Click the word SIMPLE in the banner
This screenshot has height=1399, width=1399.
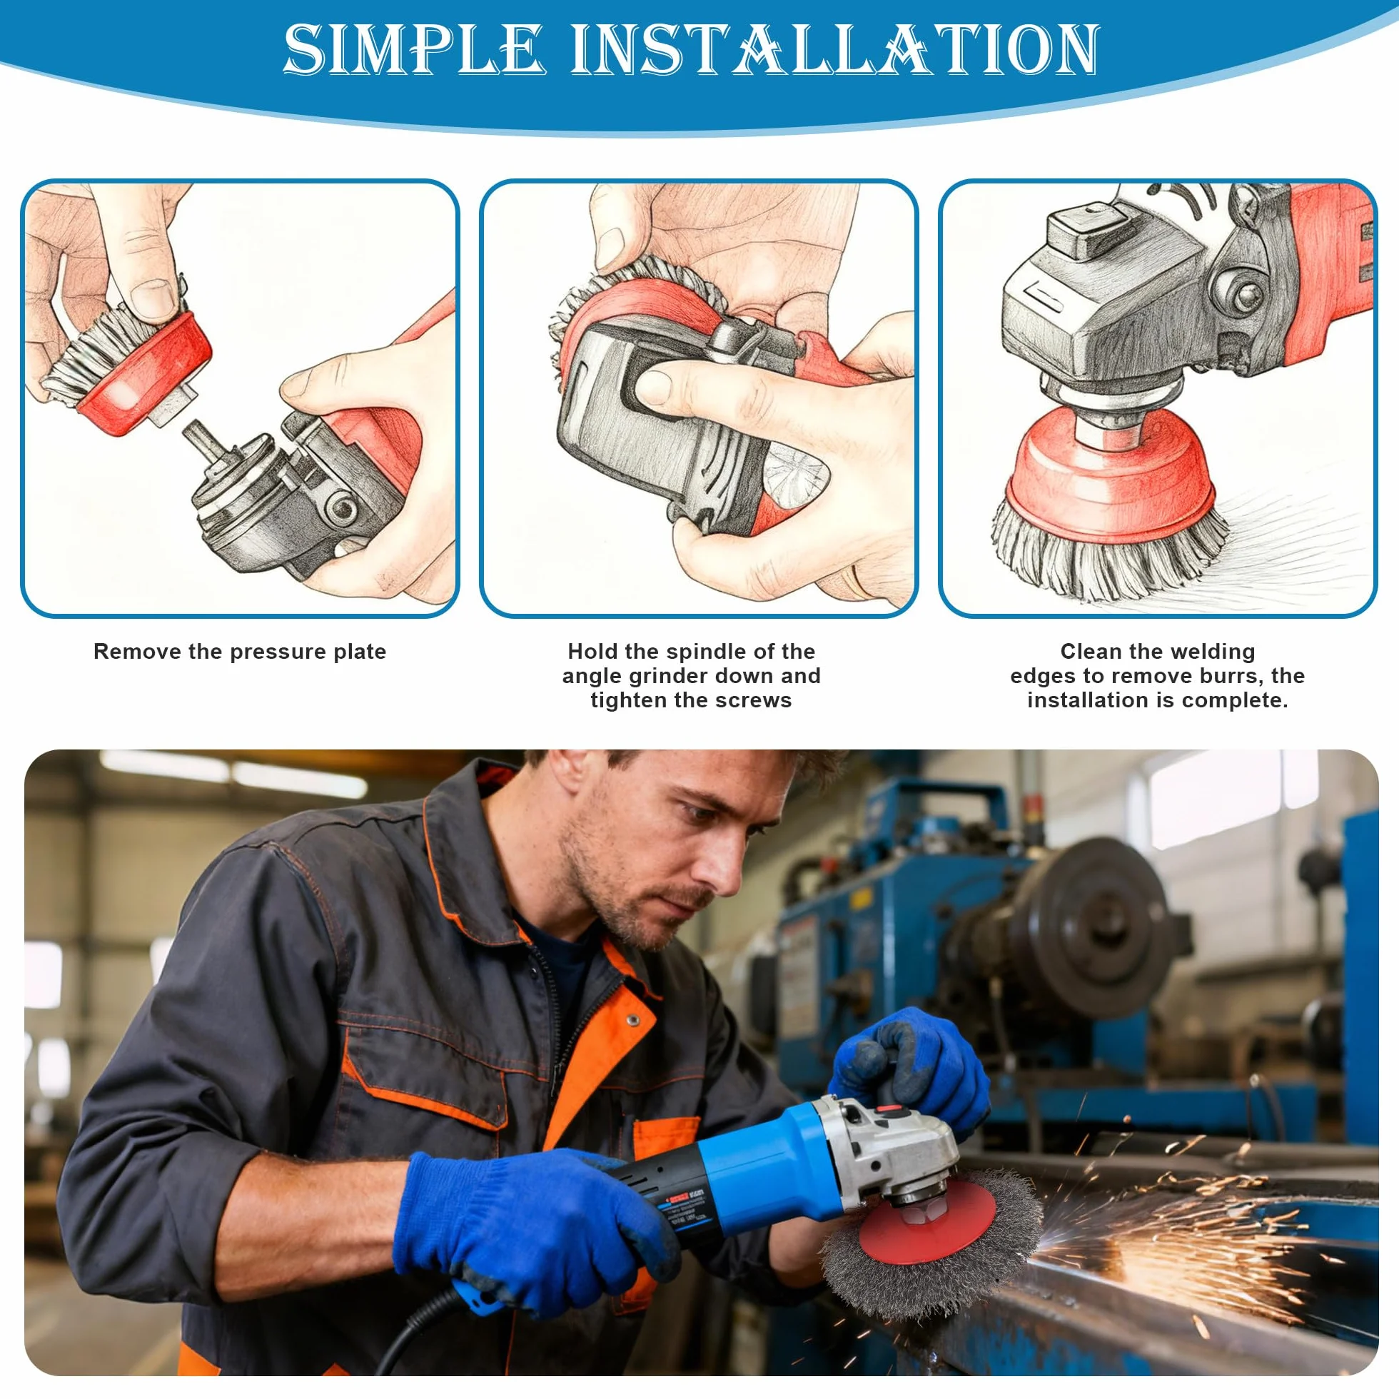414,49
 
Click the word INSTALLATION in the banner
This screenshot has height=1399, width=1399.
835,49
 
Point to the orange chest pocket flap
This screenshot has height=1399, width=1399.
428,1086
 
